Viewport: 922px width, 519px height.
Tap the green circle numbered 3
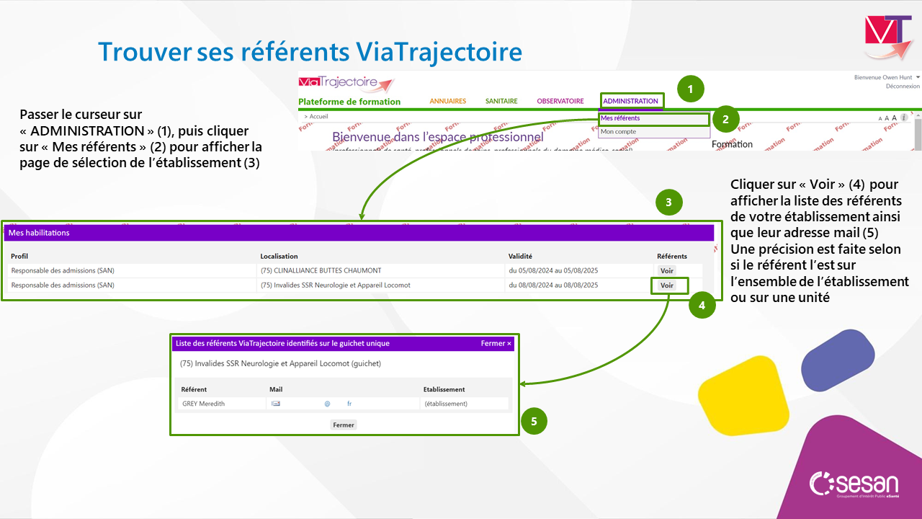669,203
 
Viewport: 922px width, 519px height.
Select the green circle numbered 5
534,421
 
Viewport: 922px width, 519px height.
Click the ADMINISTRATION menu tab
630,101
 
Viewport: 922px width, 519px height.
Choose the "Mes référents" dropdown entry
620,118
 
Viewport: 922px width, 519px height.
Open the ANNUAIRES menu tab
448,101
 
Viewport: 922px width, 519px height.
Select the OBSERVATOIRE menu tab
560,101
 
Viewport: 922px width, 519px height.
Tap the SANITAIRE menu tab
501,101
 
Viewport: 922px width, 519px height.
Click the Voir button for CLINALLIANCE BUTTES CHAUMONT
667,270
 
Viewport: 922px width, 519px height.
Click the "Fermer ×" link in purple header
496,344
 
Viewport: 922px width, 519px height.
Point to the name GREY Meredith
203,404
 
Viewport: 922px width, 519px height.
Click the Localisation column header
279,256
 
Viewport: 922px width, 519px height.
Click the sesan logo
854,484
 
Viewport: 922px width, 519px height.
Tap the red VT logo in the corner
887,36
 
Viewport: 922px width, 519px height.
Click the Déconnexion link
903,86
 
